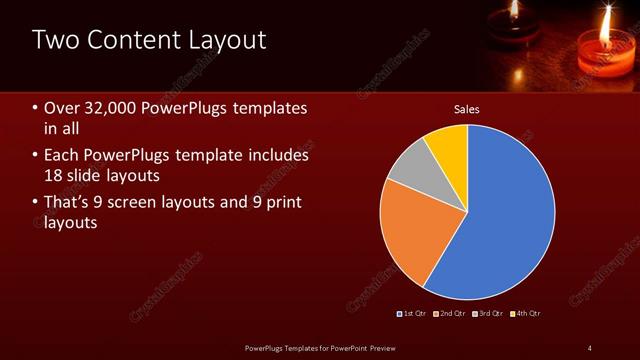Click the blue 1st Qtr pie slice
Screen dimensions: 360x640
(x=505, y=215)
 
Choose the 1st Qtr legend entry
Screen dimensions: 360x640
(x=415, y=313)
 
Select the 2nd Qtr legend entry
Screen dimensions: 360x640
(x=452, y=313)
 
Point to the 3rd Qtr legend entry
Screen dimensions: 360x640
(x=488, y=313)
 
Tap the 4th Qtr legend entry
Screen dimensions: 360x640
(x=525, y=313)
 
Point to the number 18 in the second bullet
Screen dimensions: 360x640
(x=54, y=176)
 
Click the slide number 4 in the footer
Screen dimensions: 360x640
(x=589, y=347)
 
